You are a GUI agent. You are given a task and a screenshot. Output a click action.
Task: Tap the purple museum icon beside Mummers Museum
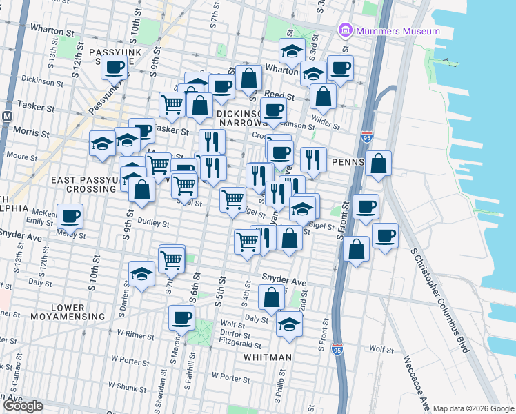[344, 31]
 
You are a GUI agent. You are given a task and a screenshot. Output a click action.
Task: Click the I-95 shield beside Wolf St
[337, 350]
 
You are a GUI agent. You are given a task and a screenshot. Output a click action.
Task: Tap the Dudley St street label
[152, 224]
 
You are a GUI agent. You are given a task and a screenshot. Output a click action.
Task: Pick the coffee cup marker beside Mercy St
[70, 216]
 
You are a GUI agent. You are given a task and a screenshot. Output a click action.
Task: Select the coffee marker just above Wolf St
[181, 317]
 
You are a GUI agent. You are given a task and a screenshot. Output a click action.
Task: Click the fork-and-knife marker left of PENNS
[313, 159]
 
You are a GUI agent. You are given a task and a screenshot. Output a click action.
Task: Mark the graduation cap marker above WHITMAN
[289, 323]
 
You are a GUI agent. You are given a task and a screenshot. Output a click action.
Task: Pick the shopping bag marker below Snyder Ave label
[272, 297]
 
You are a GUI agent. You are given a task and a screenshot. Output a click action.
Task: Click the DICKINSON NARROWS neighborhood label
[241, 117]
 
